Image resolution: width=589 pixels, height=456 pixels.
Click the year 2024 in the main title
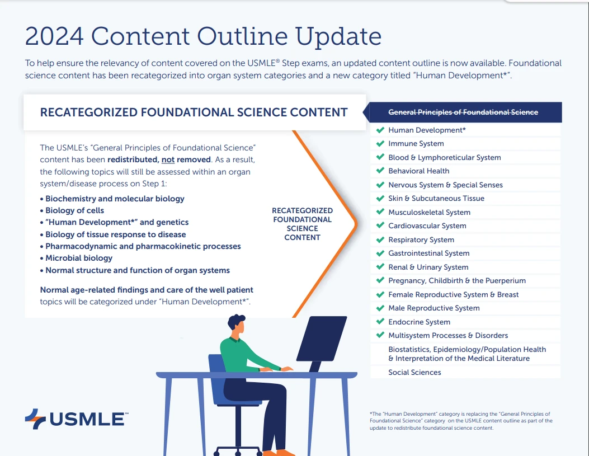(54, 37)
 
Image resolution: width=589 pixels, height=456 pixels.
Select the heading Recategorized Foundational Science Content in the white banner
(194, 112)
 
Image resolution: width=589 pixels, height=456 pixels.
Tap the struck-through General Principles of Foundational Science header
(463, 112)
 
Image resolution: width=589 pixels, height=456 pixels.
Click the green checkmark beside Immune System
(380, 144)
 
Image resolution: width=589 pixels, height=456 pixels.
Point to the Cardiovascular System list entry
(427, 226)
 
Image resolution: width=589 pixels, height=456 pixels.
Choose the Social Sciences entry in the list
(414, 373)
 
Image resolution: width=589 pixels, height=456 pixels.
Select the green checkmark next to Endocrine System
(380, 322)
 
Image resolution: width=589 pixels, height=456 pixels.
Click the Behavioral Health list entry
(418, 171)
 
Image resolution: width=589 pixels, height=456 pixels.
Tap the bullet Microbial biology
(78, 258)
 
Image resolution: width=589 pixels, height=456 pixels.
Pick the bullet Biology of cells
(74, 211)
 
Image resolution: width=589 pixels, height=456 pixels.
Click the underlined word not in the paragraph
(168, 159)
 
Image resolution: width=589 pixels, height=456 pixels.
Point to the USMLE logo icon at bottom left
(35, 419)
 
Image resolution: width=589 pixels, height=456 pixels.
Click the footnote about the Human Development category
(461, 421)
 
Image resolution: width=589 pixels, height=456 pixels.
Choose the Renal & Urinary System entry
(428, 267)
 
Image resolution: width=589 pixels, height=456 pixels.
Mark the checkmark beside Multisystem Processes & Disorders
(380, 336)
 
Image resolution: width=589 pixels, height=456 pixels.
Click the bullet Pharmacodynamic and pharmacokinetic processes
(143, 247)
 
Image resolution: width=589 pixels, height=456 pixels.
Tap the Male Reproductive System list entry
(433, 308)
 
